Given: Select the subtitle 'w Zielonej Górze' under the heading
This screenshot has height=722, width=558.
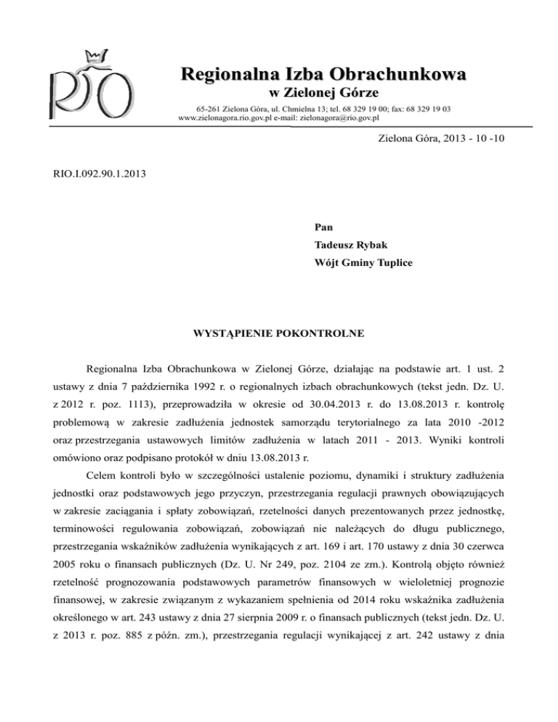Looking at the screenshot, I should pos(315,92).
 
